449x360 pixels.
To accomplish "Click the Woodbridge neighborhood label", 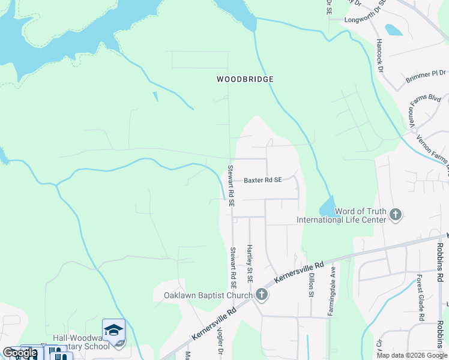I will point(245,79).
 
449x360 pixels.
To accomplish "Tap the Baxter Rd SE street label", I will point(262,180).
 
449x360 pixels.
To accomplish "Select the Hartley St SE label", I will point(250,263).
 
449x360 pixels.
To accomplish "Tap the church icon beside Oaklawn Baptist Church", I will point(261,295).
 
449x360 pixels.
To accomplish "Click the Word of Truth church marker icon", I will point(395,214).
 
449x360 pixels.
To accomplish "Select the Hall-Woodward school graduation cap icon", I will point(113,329).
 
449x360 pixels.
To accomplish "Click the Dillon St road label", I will point(312,285).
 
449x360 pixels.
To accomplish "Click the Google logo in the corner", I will point(20,353).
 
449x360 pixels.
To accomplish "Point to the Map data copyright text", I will point(412,355).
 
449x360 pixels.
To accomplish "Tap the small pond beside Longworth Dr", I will point(393,29).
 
